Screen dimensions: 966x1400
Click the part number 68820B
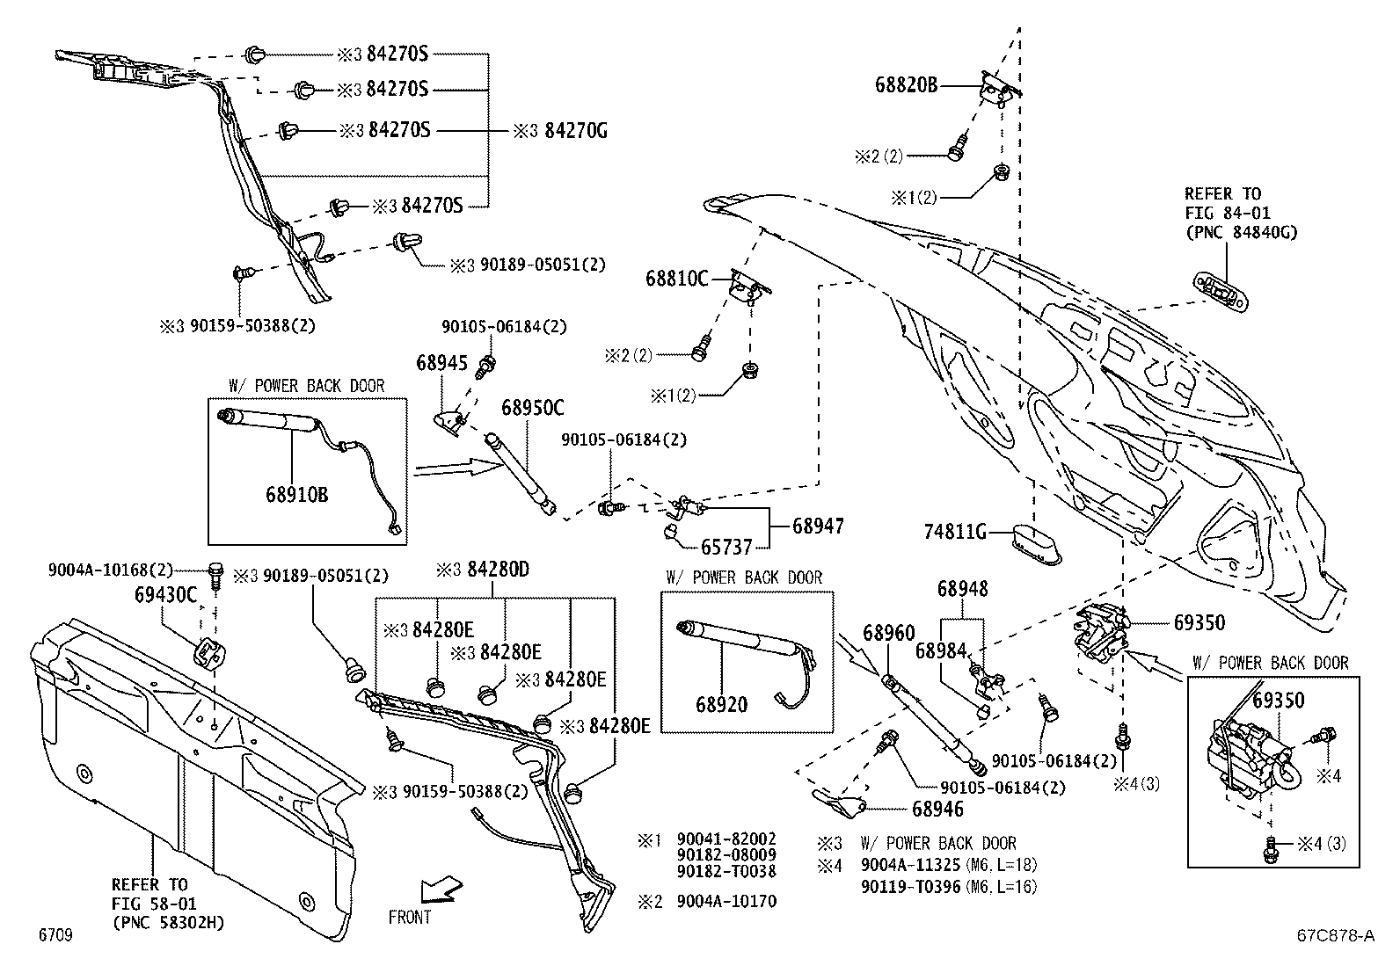point(906,85)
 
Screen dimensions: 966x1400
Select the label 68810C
point(676,279)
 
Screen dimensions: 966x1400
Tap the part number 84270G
point(576,131)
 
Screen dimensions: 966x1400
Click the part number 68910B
point(296,495)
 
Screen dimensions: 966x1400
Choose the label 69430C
point(166,595)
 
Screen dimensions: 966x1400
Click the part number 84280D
point(498,570)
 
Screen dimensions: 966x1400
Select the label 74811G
point(955,532)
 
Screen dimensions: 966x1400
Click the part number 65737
point(726,547)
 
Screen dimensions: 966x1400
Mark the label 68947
point(818,526)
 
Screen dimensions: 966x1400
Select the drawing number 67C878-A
point(1334,936)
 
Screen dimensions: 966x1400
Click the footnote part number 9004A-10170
point(726,901)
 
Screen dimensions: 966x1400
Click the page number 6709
point(55,935)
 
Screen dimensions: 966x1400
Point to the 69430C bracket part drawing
point(208,654)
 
